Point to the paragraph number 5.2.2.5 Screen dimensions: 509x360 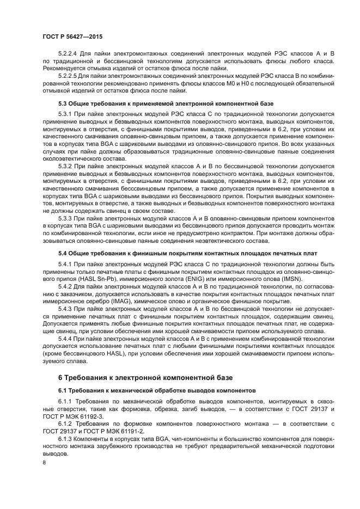pyautogui.click(x=69, y=76)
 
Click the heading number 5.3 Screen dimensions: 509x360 pyautogui.click(x=64, y=103)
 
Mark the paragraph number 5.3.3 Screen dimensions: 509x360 pyautogui.click(x=66, y=218)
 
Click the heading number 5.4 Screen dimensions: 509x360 pyautogui.click(x=64, y=253)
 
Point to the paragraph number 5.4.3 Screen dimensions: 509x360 pyautogui.click(x=66, y=308)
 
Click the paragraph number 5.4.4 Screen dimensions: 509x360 pyautogui.click(x=66, y=338)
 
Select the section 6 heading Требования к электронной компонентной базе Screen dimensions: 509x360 pyautogui.click(x=145, y=377)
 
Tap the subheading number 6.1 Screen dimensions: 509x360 pyautogui.click(x=63, y=390)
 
